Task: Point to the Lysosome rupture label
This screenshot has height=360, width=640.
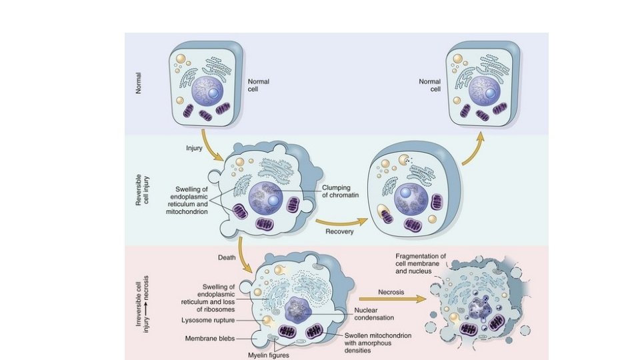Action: pyautogui.click(x=212, y=320)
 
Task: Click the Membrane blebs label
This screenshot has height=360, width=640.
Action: pyautogui.click(x=209, y=339)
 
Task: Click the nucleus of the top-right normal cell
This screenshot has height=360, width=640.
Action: pyautogui.click(x=485, y=91)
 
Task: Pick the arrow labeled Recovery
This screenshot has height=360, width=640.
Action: pyautogui.click(x=342, y=219)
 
